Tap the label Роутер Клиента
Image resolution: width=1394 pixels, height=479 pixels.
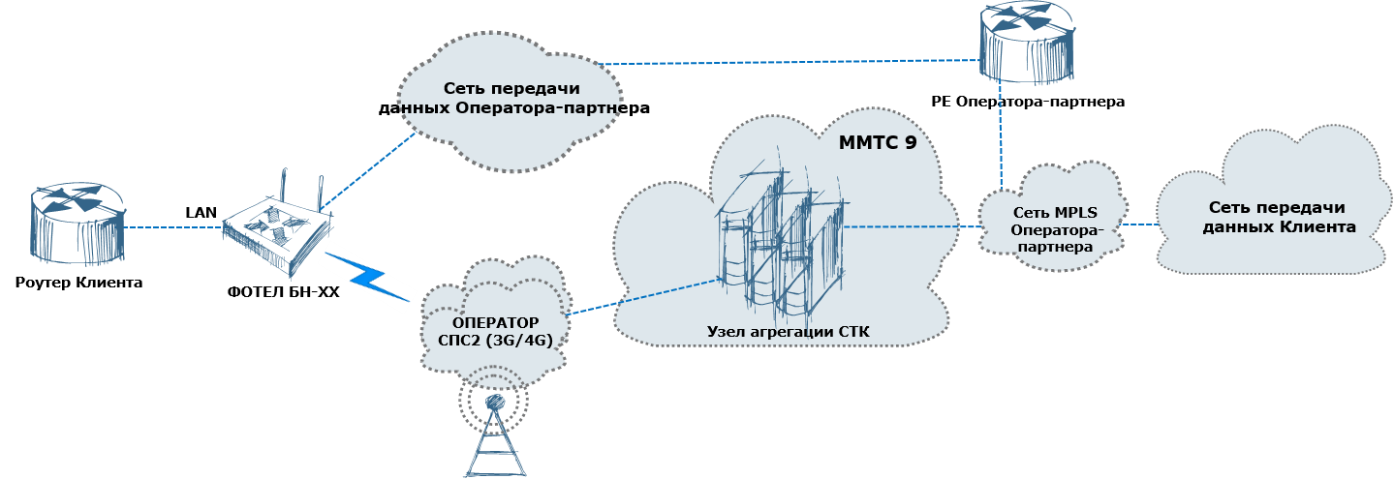79,283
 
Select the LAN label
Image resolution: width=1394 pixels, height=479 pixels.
201,213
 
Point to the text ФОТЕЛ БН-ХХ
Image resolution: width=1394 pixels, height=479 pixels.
284,292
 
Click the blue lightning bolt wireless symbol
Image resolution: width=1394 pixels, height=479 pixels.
367,277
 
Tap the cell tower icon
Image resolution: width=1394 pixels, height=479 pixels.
495,429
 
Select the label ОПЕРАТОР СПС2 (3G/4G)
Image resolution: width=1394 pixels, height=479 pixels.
495,332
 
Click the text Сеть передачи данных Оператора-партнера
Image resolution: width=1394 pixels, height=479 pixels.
514,98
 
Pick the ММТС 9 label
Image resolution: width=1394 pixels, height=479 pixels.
878,143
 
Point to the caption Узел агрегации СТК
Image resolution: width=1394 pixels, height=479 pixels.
788,332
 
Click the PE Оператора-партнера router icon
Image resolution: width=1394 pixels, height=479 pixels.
1028,43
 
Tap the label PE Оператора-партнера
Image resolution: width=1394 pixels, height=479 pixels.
1028,102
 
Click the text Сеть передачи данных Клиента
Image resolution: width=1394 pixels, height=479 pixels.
1279,218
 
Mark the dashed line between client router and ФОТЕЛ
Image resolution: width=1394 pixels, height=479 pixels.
173,227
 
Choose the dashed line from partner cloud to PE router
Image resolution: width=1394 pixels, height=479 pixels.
789,62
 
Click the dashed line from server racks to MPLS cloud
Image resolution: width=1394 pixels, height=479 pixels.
913,226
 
